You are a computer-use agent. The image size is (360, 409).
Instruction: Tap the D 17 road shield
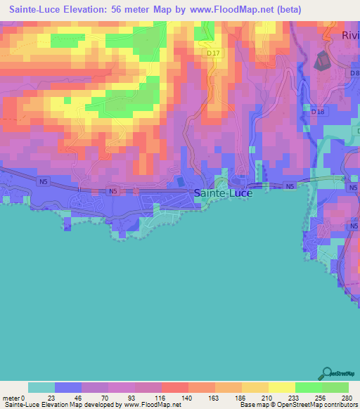[x=214, y=53]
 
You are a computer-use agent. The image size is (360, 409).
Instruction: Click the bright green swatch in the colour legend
[x=308, y=387]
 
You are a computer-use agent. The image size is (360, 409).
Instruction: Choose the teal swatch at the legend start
[x=41, y=387]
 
